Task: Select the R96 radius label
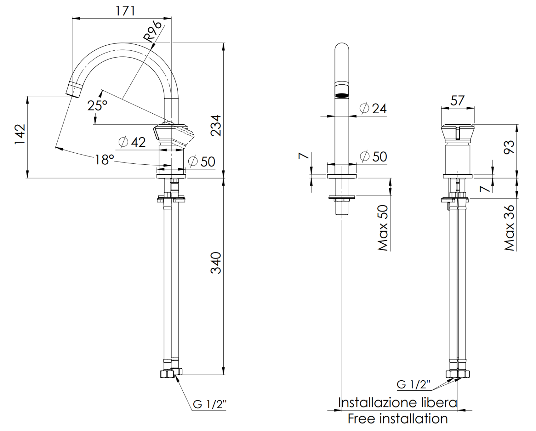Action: coord(153,32)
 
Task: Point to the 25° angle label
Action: coord(97,105)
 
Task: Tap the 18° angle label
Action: coord(104,159)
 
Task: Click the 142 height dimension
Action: coord(20,134)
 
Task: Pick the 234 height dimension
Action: coord(216,125)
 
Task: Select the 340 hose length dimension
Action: coord(216,263)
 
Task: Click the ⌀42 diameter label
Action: coord(132,142)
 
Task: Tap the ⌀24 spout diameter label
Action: coord(373,108)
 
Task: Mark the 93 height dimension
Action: coord(509,147)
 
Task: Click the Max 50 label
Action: coord(383,228)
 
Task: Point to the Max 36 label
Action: coord(509,228)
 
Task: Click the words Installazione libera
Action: coord(397,403)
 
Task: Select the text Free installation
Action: coord(397,418)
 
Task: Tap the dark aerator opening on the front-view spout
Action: coord(342,95)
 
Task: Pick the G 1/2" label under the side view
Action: coord(209,404)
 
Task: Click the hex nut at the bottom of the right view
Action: coord(457,374)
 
